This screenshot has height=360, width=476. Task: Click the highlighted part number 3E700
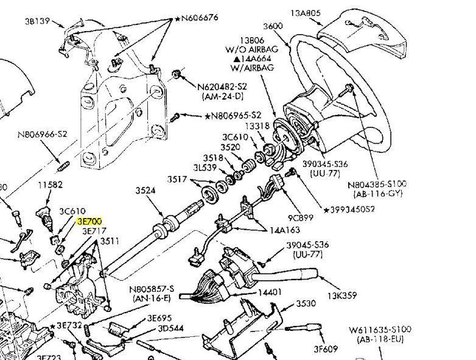click(x=89, y=222)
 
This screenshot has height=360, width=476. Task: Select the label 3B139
click(x=37, y=20)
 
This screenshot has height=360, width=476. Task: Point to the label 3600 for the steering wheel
click(x=273, y=26)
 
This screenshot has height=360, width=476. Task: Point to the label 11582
click(x=51, y=184)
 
